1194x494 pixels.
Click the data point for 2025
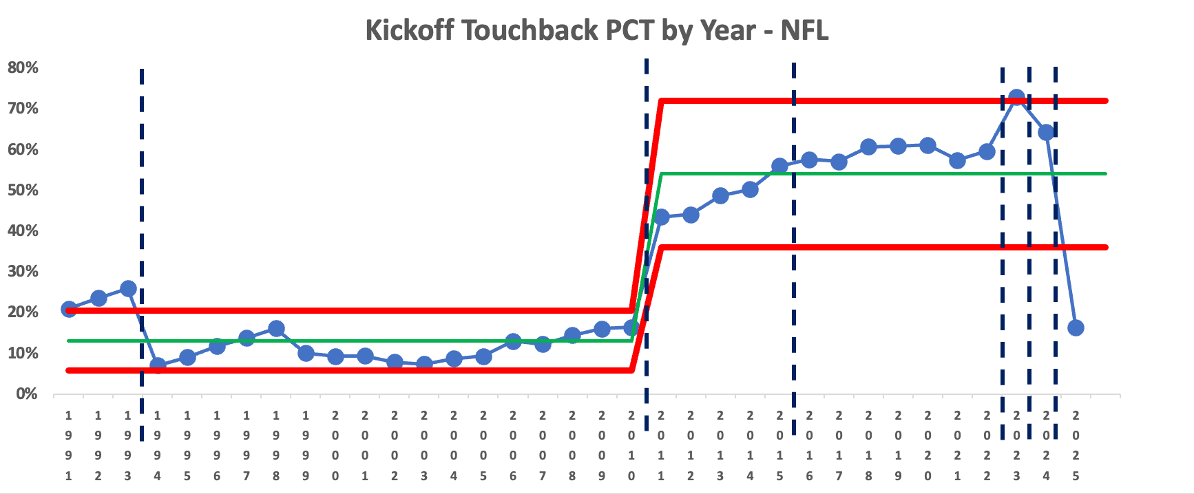coord(1076,327)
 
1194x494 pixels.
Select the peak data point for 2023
coord(1016,98)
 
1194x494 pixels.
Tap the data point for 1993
coord(128,288)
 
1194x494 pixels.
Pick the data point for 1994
coord(158,365)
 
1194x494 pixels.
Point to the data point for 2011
coord(661,217)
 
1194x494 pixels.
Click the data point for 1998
coord(276,329)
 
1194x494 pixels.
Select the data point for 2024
coord(1046,132)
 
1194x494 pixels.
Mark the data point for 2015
coord(779,166)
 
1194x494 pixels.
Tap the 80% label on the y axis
coord(23,67)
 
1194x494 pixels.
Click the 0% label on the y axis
coord(26,394)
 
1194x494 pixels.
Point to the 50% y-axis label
coord(23,190)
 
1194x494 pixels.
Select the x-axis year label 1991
coord(68,445)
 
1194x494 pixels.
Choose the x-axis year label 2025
coord(1076,445)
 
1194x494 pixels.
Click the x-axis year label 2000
coord(335,445)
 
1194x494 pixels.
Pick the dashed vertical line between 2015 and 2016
coord(794,275)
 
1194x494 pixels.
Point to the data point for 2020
coord(928,145)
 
